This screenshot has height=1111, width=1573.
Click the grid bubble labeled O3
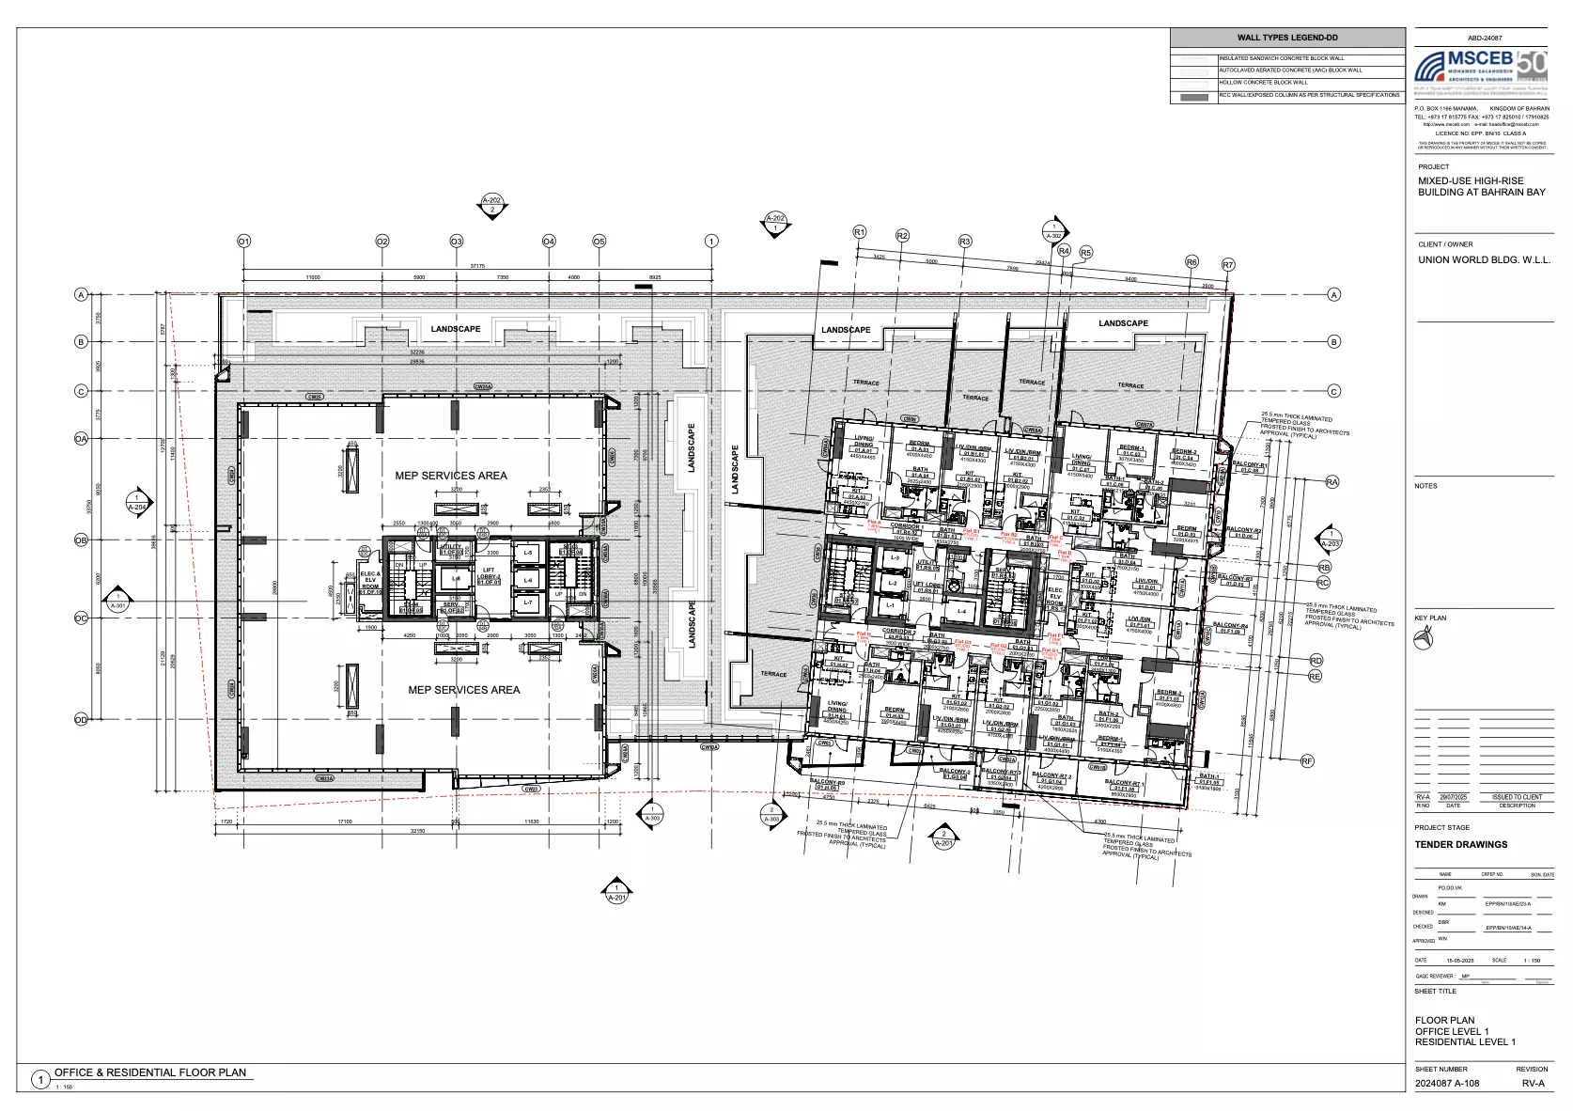point(456,242)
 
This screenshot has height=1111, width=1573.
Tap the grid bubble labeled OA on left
point(82,438)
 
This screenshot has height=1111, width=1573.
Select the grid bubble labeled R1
point(859,232)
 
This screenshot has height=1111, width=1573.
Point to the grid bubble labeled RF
point(1307,761)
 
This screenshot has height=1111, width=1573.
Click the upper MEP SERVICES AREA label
point(451,476)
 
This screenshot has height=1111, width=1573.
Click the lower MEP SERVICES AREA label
point(463,690)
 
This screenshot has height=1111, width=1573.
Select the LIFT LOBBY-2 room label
point(489,575)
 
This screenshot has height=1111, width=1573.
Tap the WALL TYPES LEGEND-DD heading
point(1287,38)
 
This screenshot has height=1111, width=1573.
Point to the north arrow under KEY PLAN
point(1425,640)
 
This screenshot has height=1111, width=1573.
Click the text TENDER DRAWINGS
point(1460,844)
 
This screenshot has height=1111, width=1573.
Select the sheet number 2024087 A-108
point(1446,1083)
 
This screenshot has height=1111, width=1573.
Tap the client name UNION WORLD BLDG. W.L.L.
point(1484,260)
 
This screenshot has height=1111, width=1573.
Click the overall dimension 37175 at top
point(477,266)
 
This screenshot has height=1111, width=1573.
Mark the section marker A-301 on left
point(118,601)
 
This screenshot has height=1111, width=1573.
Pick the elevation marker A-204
point(138,502)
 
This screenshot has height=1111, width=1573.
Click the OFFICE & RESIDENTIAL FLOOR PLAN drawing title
point(150,1072)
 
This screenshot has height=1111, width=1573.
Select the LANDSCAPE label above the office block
point(456,329)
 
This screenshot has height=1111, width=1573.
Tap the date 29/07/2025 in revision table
point(1453,797)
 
